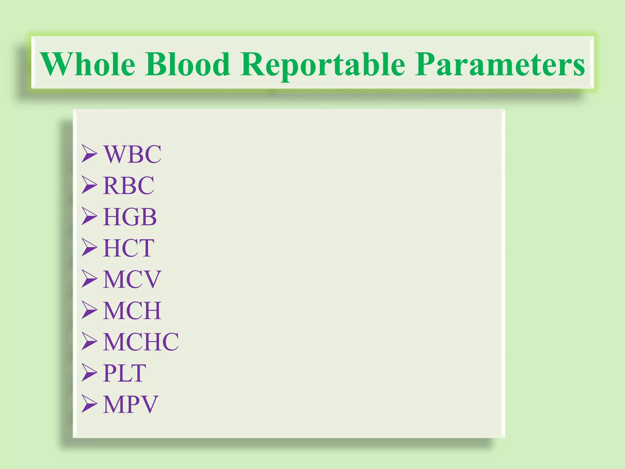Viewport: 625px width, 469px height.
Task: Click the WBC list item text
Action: pyautogui.click(x=132, y=154)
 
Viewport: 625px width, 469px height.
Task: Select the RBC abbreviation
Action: pyautogui.click(x=129, y=185)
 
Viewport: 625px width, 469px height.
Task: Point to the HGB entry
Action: pyautogui.click(x=130, y=217)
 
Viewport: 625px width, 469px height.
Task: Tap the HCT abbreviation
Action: pyautogui.click(x=129, y=248)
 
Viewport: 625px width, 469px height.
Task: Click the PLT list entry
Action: pyautogui.click(x=125, y=373)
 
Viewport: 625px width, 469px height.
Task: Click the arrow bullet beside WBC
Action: pyautogui.click(x=89, y=154)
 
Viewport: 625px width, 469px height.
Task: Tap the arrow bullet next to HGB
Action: pyautogui.click(x=89, y=216)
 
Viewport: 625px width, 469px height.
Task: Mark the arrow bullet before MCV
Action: pyautogui.click(x=89, y=279)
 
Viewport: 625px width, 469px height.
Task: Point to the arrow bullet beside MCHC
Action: pyautogui.click(x=89, y=341)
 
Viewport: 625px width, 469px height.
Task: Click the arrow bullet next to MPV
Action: pyautogui.click(x=89, y=404)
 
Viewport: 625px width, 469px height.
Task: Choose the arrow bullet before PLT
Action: pyautogui.click(x=89, y=373)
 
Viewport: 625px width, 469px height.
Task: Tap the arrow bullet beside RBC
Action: pyautogui.click(x=89, y=185)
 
